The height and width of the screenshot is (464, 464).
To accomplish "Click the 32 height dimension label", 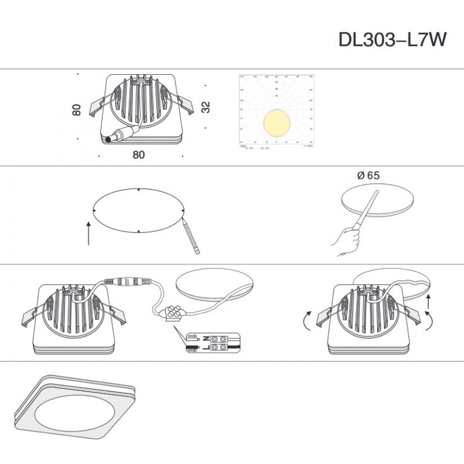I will (x=205, y=107).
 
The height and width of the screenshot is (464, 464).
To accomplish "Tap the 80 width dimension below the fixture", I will (x=139, y=155).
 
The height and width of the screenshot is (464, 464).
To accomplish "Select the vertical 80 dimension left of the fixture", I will (x=76, y=110).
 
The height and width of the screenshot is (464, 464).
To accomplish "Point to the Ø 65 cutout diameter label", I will (x=369, y=175).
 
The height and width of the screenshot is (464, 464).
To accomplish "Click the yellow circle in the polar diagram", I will (x=277, y=123).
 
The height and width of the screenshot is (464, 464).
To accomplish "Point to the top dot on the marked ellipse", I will (x=139, y=190).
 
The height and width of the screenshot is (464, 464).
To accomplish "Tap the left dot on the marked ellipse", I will (x=94, y=211).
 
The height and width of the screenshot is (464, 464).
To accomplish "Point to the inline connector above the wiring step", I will (x=128, y=282).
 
